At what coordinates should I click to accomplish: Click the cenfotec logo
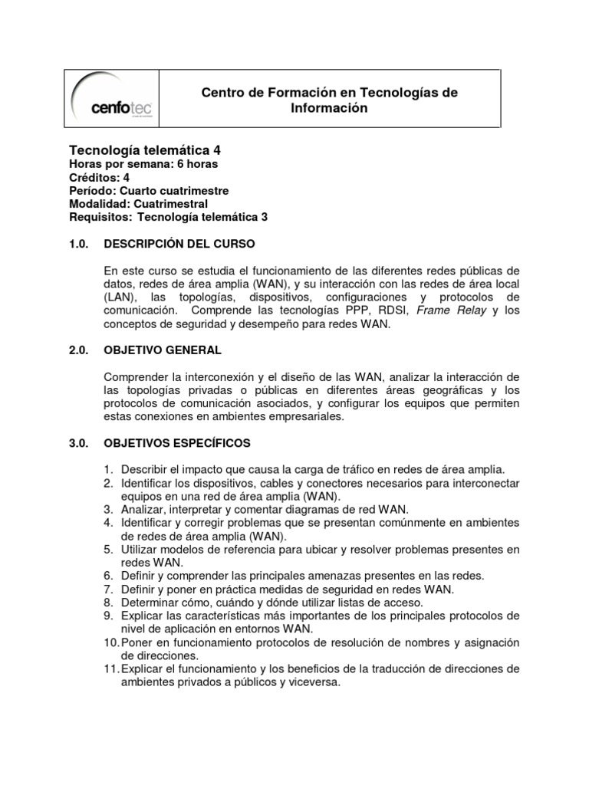point(112,100)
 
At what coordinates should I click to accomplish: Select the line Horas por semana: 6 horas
point(143,164)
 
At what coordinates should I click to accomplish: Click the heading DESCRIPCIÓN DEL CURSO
point(178,244)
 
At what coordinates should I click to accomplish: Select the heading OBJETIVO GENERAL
point(163,350)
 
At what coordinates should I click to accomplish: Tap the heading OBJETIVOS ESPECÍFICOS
point(177,443)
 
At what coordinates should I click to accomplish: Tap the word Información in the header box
point(329,108)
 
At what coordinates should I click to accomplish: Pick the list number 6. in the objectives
point(110,576)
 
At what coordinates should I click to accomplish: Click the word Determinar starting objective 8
point(150,603)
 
